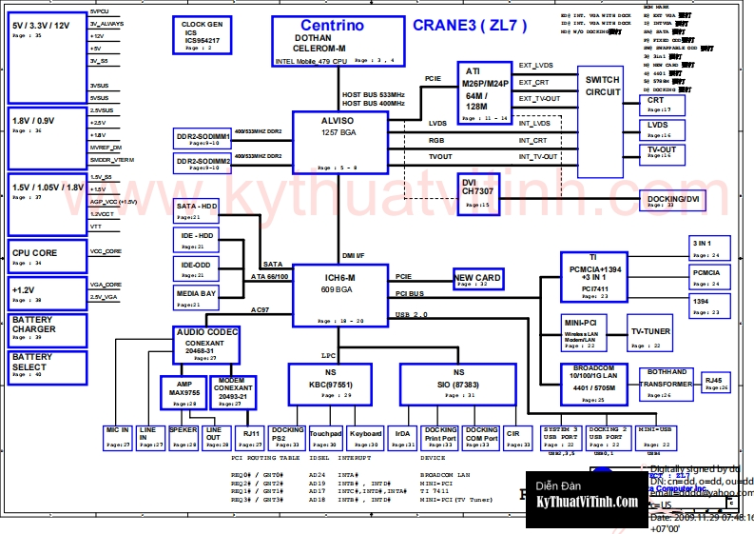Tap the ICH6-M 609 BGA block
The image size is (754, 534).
click(338, 294)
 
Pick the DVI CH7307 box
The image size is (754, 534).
click(478, 194)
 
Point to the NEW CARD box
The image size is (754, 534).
click(477, 279)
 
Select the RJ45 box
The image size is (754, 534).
click(715, 384)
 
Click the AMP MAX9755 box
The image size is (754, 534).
click(184, 391)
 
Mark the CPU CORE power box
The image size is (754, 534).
click(47, 256)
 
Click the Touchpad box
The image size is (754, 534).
click(325, 438)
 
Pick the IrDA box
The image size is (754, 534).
click(402, 438)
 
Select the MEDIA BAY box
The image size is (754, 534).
click(197, 298)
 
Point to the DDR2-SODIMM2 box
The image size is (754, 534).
click(203, 164)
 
